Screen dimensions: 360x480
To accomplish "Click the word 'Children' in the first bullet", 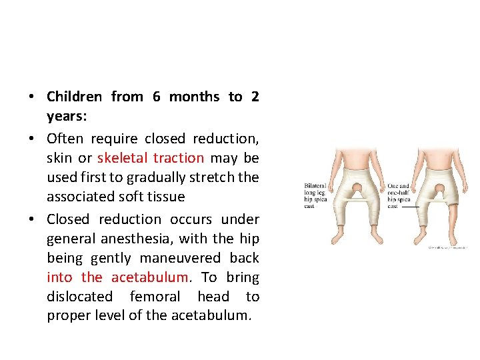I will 74,97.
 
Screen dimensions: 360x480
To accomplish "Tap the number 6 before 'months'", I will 156,97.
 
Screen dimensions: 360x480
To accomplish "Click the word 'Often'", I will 65,139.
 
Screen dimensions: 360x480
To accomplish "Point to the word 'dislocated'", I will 80,297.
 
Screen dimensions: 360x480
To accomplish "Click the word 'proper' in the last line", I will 67,315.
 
